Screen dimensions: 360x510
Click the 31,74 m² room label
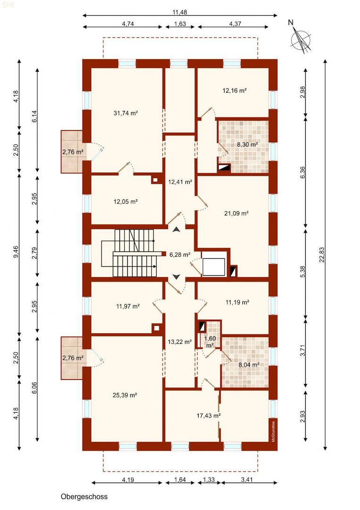pyautogui.click(x=126, y=113)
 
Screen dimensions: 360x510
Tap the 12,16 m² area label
pyautogui.click(x=234, y=90)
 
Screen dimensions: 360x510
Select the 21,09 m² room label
pyautogui.click(x=236, y=213)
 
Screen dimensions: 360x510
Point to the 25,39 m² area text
pyautogui.click(x=125, y=395)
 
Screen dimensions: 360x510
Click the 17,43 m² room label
pyautogui.click(x=209, y=416)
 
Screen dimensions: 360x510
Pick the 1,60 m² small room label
pyautogui.click(x=210, y=341)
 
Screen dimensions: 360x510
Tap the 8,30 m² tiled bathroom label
pyautogui.click(x=248, y=144)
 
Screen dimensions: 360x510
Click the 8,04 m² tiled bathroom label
pyautogui.click(x=249, y=365)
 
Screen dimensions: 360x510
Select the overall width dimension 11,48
pyautogui.click(x=180, y=12)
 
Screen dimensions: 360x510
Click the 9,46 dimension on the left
pyautogui.click(x=16, y=251)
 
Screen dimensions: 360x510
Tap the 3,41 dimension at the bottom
pyautogui.click(x=247, y=479)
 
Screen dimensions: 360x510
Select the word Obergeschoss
pyautogui.click(x=84, y=497)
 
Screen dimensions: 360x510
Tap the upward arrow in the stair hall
pyautogui.click(x=176, y=229)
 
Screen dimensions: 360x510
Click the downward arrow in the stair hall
pyautogui.click(x=176, y=277)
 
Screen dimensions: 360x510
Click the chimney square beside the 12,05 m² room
pyautogui.click(x=156, y=179)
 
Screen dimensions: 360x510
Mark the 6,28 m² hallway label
pyautogui.click(x=180, y=255)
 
